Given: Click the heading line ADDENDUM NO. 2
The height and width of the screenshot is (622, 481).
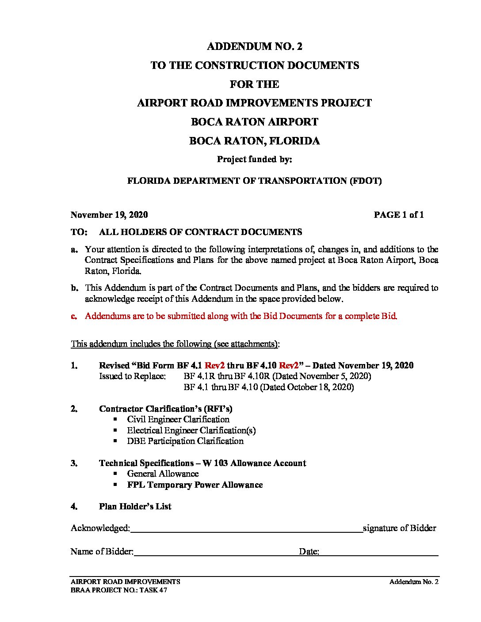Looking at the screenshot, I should pos(254,46).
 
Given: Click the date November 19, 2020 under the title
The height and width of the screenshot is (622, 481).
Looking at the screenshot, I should pos(109,215).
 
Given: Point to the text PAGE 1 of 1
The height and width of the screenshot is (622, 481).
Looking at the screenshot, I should pos(398,215).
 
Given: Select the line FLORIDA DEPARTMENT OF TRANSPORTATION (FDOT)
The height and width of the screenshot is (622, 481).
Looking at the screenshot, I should pos(254,181).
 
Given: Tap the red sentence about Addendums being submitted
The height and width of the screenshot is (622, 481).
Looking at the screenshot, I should pos(241,316).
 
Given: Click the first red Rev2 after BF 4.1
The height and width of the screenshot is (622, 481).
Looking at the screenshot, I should pos(214,365).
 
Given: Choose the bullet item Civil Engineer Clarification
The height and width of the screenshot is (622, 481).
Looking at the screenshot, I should pos(178,419).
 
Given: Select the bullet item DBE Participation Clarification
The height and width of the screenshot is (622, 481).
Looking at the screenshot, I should pos(185,441).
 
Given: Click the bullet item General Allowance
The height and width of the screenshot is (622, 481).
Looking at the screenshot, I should pos(163,474).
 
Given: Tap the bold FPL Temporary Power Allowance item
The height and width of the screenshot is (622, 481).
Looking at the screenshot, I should pos(195,485).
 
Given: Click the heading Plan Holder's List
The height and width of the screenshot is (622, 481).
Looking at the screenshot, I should pos(135,506).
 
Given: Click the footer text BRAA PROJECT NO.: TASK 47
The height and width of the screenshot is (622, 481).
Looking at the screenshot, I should pos(118,590).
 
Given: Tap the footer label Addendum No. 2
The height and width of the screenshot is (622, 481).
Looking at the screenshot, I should pos(413,582).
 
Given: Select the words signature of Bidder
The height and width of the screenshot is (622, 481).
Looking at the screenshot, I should pos(399,528).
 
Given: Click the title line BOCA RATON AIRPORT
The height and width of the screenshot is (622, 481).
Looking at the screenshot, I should pos(254,122).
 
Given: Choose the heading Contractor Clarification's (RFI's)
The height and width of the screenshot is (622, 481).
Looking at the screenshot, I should pos(165,409).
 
